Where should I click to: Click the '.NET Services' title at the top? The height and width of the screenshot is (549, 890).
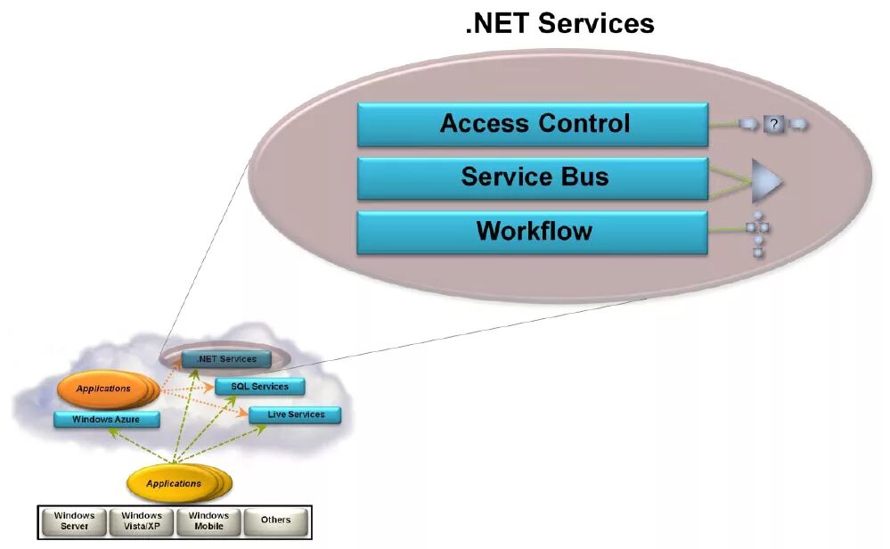(x=559, y=23)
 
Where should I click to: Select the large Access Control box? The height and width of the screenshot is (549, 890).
(x=533, y=124)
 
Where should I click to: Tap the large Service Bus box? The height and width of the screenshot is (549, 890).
(x=533, y=177)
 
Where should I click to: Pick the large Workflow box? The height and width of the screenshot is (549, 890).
(x=533, y=232)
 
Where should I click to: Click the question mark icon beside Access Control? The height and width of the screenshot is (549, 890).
(x=773, y=125)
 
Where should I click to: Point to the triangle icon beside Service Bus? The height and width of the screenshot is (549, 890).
(x=765, y=181)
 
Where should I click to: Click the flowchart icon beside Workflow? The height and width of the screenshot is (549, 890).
(x=758, y=234)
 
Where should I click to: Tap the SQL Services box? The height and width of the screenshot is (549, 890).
(x=259, y=387)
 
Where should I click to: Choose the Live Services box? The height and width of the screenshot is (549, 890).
(x=295, y=414)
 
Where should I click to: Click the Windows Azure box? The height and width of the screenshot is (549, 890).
(x=107, y=419)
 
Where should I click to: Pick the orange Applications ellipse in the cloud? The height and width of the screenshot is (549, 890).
(x=103, y=389)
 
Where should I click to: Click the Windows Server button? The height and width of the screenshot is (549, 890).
(x=74, y=520)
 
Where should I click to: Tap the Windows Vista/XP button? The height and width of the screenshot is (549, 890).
(x=142, y=520)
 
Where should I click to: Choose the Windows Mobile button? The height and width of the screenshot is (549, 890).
(x=208, y=520)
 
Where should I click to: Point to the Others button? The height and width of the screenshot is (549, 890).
(x=275, y=520)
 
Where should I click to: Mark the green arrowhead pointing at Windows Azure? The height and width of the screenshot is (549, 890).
(x=111, y=432)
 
